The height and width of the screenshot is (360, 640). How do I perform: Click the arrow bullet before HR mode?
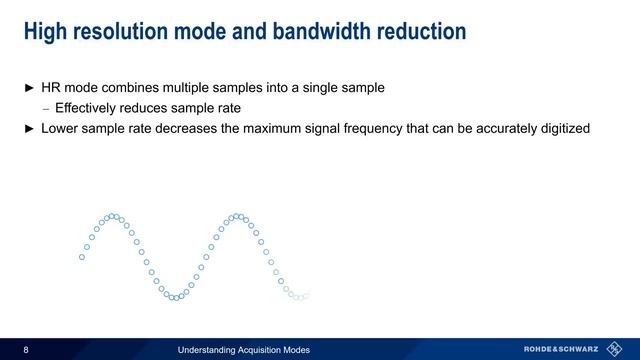click(x=30, y=88)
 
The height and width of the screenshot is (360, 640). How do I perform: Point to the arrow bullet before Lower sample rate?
click(x=30, y=128)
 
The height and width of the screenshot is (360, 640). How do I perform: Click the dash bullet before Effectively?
click(x=45, y=108)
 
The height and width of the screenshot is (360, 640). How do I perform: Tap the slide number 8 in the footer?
click(x=26, y=349)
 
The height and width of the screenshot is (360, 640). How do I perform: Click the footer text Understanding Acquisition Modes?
click(x=243, y=349)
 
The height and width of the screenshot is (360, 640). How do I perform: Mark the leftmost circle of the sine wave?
click(x=82, y=257)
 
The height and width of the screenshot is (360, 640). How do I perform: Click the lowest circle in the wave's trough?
click(x=174, y=298)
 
